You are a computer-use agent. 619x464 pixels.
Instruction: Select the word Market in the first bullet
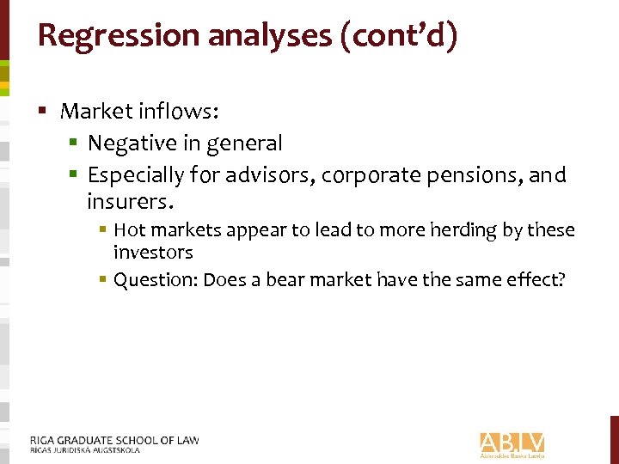click(x=97, y=111)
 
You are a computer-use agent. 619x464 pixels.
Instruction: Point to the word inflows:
click(x=181, y=111)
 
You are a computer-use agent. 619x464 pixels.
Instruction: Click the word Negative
click(x=132, y=143)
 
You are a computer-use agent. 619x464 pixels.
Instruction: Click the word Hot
click(x=129, y=230)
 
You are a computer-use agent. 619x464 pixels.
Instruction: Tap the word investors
click(x=153, y=253)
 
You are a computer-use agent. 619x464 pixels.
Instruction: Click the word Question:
click(x=155, y=280)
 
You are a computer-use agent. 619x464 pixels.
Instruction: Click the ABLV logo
click(x=512, y=443)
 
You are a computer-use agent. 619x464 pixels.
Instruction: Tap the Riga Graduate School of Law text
click(x=114, y=441)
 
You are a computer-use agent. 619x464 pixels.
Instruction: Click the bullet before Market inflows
click(x=42, y=111)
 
